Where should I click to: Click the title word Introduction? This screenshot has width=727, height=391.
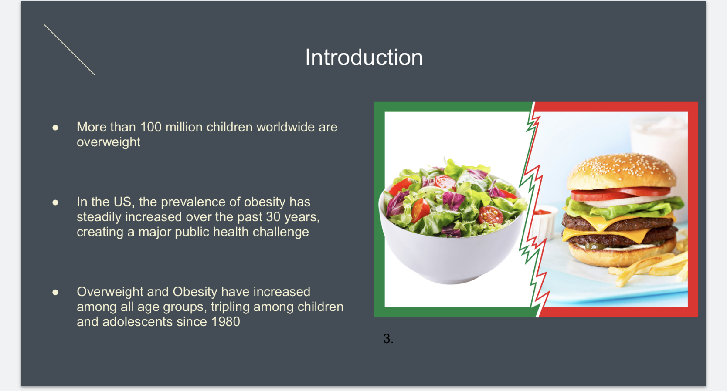point(364,57)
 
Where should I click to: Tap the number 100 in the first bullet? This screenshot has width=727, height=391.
point(151,127)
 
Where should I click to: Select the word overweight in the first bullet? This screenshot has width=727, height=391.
point(109,142)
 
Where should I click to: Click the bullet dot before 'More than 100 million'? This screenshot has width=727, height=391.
point(55,128)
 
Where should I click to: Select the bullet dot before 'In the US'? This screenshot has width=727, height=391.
point(55,202)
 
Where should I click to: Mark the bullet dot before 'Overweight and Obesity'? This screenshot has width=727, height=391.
point(55,292)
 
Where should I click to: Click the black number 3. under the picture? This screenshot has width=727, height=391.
point(388,339)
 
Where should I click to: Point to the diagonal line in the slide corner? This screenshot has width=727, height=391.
point(69,50)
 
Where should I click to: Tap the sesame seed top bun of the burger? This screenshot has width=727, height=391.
point(622,172)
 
